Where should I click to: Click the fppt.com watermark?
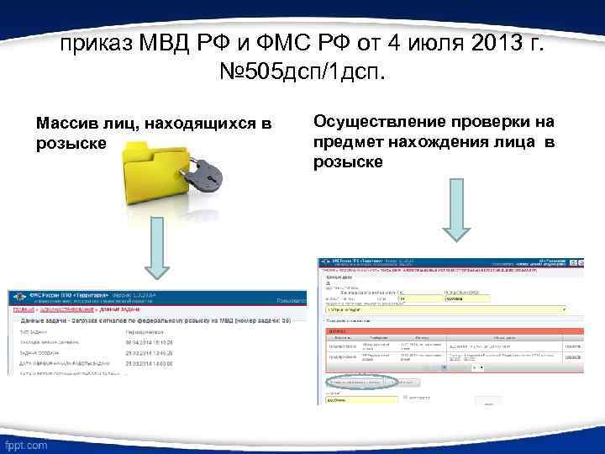pyautogui.click(x=25, y=443)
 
